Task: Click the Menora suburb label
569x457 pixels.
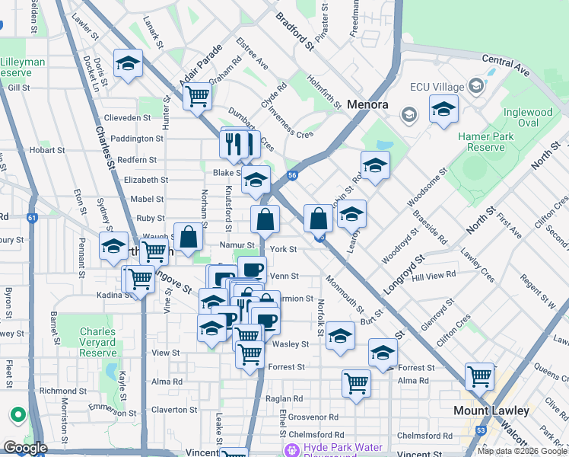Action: [x=367, y=104]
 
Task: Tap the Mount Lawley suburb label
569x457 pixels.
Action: [x=491, y=410]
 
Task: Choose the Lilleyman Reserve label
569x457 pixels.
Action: [x=23, y=66]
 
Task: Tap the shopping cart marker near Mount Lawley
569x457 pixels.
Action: [x=480, y=375]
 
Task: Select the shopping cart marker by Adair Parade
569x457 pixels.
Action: [x=197, y=96]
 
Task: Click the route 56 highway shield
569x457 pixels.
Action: [x=292, y=175]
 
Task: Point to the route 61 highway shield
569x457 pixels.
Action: [x=32, y=218]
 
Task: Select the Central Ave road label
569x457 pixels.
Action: [x=506, y=64]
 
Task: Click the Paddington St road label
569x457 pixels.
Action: [x=137, y=139]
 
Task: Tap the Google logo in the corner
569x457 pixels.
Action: [x=24, y=448]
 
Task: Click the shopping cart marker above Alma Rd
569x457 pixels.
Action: [x=355, y=383]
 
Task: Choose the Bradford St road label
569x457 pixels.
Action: [x=295, y=30]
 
